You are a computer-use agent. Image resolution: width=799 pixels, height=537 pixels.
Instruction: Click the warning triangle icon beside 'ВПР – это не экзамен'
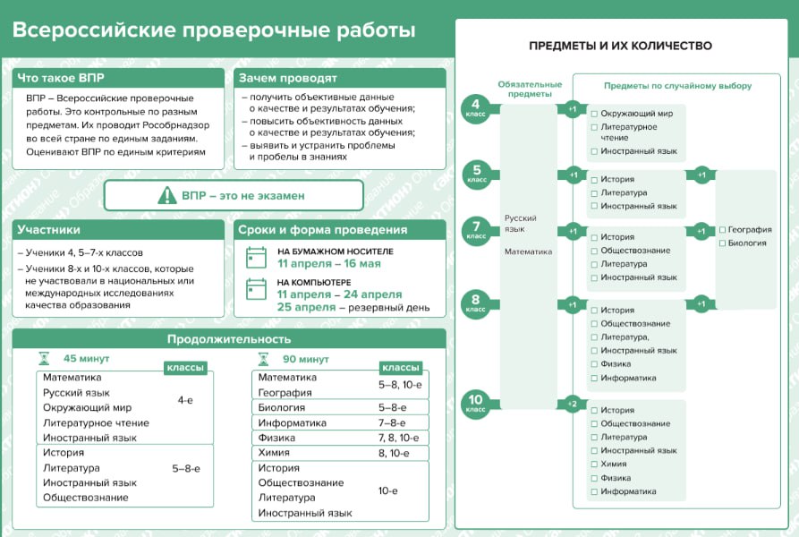tap(167, 195)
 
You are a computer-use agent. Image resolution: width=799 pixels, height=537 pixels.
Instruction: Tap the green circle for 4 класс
tap(475, 108)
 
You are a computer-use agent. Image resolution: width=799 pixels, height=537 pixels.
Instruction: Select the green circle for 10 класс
tap(475, 404)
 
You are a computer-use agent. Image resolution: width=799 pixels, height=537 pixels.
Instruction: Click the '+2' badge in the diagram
tap(573, 404)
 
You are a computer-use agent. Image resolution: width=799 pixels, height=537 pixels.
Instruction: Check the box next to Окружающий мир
tap(594, 114)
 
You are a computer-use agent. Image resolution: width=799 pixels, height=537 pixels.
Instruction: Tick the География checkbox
tap(722, 230)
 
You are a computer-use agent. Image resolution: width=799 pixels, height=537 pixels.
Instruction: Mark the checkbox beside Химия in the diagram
tap(594, 465)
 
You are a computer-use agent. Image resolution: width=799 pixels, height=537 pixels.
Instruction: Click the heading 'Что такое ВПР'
tap(61, 78)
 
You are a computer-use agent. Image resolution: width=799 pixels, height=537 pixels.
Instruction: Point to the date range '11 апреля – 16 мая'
tap(329, 263)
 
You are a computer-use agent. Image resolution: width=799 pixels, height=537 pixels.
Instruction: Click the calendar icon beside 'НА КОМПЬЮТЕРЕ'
tap(256, 289)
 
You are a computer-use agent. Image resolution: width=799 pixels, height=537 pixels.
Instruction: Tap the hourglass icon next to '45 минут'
tap(45, 359)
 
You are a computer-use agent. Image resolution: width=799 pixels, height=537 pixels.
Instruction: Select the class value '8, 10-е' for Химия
tap(394, 453)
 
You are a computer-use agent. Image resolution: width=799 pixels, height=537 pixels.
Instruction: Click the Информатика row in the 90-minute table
tap(340, 422)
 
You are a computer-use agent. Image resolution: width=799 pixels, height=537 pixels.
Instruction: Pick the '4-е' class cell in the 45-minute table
tap(185, 400)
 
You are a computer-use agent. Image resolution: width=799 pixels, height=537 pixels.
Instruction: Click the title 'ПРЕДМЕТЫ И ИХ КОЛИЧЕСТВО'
tap(621, 46)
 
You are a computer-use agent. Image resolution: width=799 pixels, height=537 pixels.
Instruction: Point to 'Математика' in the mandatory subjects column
tap(529, 251)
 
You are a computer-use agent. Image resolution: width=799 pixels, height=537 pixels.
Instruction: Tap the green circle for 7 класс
tap(476, 230)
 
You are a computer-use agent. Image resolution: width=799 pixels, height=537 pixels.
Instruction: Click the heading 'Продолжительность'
tap(229, 339)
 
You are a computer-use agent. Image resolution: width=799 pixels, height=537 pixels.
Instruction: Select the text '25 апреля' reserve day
tap(306, 307)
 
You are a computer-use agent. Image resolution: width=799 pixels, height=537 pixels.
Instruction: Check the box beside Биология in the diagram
tap(722, 243)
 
